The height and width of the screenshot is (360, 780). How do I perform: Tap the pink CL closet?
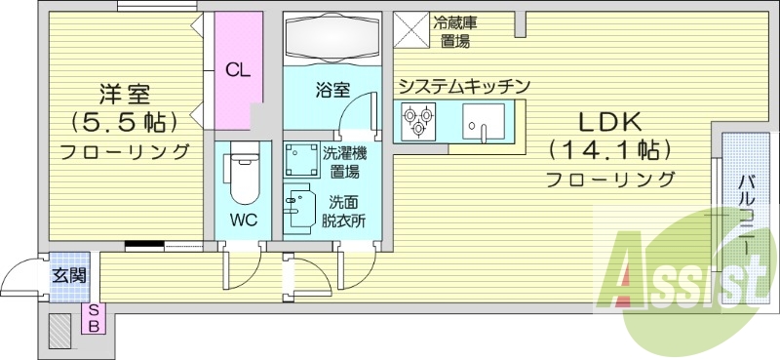pos(236,69)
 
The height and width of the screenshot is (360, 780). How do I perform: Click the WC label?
pos(244,220)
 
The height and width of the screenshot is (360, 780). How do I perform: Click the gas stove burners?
pos(418,120)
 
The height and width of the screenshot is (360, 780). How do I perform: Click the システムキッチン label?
pos(463,86)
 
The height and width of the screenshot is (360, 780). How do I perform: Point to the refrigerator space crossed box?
pos(411,28)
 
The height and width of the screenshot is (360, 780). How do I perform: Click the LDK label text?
pos(609,123)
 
